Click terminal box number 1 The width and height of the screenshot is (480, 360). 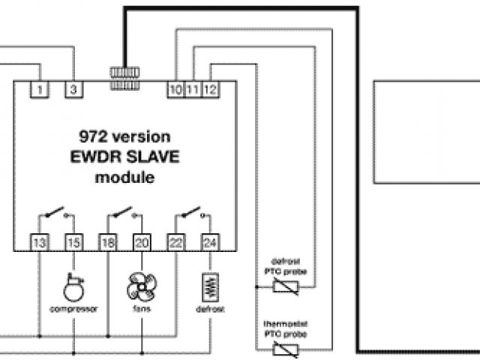click(39, 90)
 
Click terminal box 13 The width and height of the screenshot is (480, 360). click(39, 242)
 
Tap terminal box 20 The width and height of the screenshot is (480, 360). click(142, 242)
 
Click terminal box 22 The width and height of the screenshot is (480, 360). click(175, 242)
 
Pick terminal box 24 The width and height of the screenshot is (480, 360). click(209, 242)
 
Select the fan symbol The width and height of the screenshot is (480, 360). click(141, 286)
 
